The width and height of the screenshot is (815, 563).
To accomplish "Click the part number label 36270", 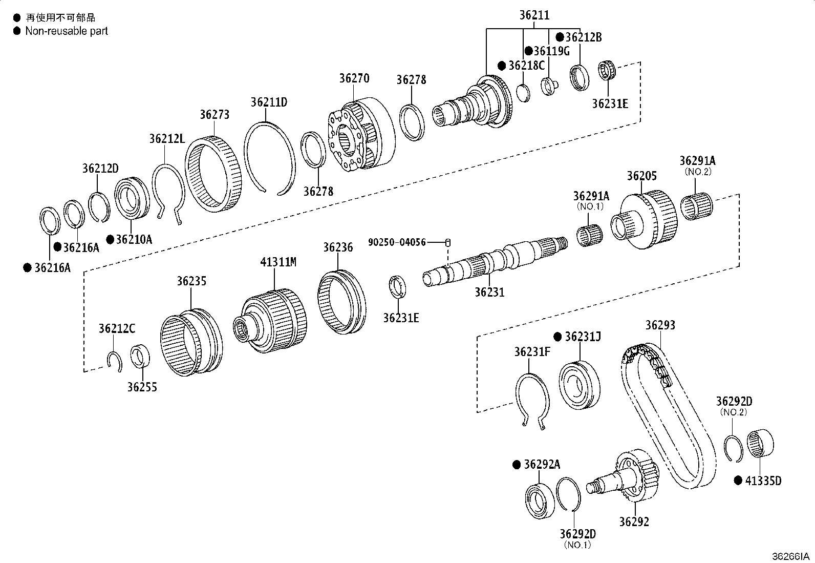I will (354, 79).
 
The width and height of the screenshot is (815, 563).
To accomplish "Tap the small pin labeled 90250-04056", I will (448, 242).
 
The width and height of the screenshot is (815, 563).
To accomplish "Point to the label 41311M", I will (278, 262).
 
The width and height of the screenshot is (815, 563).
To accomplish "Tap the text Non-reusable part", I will (67, 31).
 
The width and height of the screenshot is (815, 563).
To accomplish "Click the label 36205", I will (641, 176).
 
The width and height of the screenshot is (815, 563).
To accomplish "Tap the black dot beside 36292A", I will (517, 465).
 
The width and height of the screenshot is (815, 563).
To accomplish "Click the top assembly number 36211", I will (534, 15).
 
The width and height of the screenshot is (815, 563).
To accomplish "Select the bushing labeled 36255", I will (140, 357).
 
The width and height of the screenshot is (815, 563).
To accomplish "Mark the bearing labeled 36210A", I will (132, 197).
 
